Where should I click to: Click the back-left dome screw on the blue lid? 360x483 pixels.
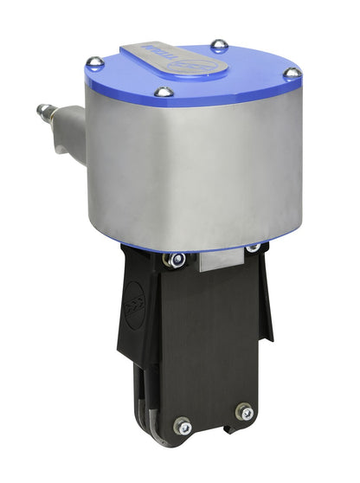point(95,62)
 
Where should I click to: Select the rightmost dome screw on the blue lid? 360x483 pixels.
point(292,74)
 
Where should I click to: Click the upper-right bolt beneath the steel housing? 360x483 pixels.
point(253,248)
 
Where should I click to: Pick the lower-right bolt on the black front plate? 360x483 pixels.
point(245,411)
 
